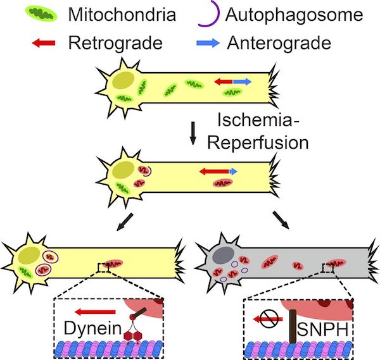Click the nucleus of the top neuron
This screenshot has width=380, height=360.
point(123,81)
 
